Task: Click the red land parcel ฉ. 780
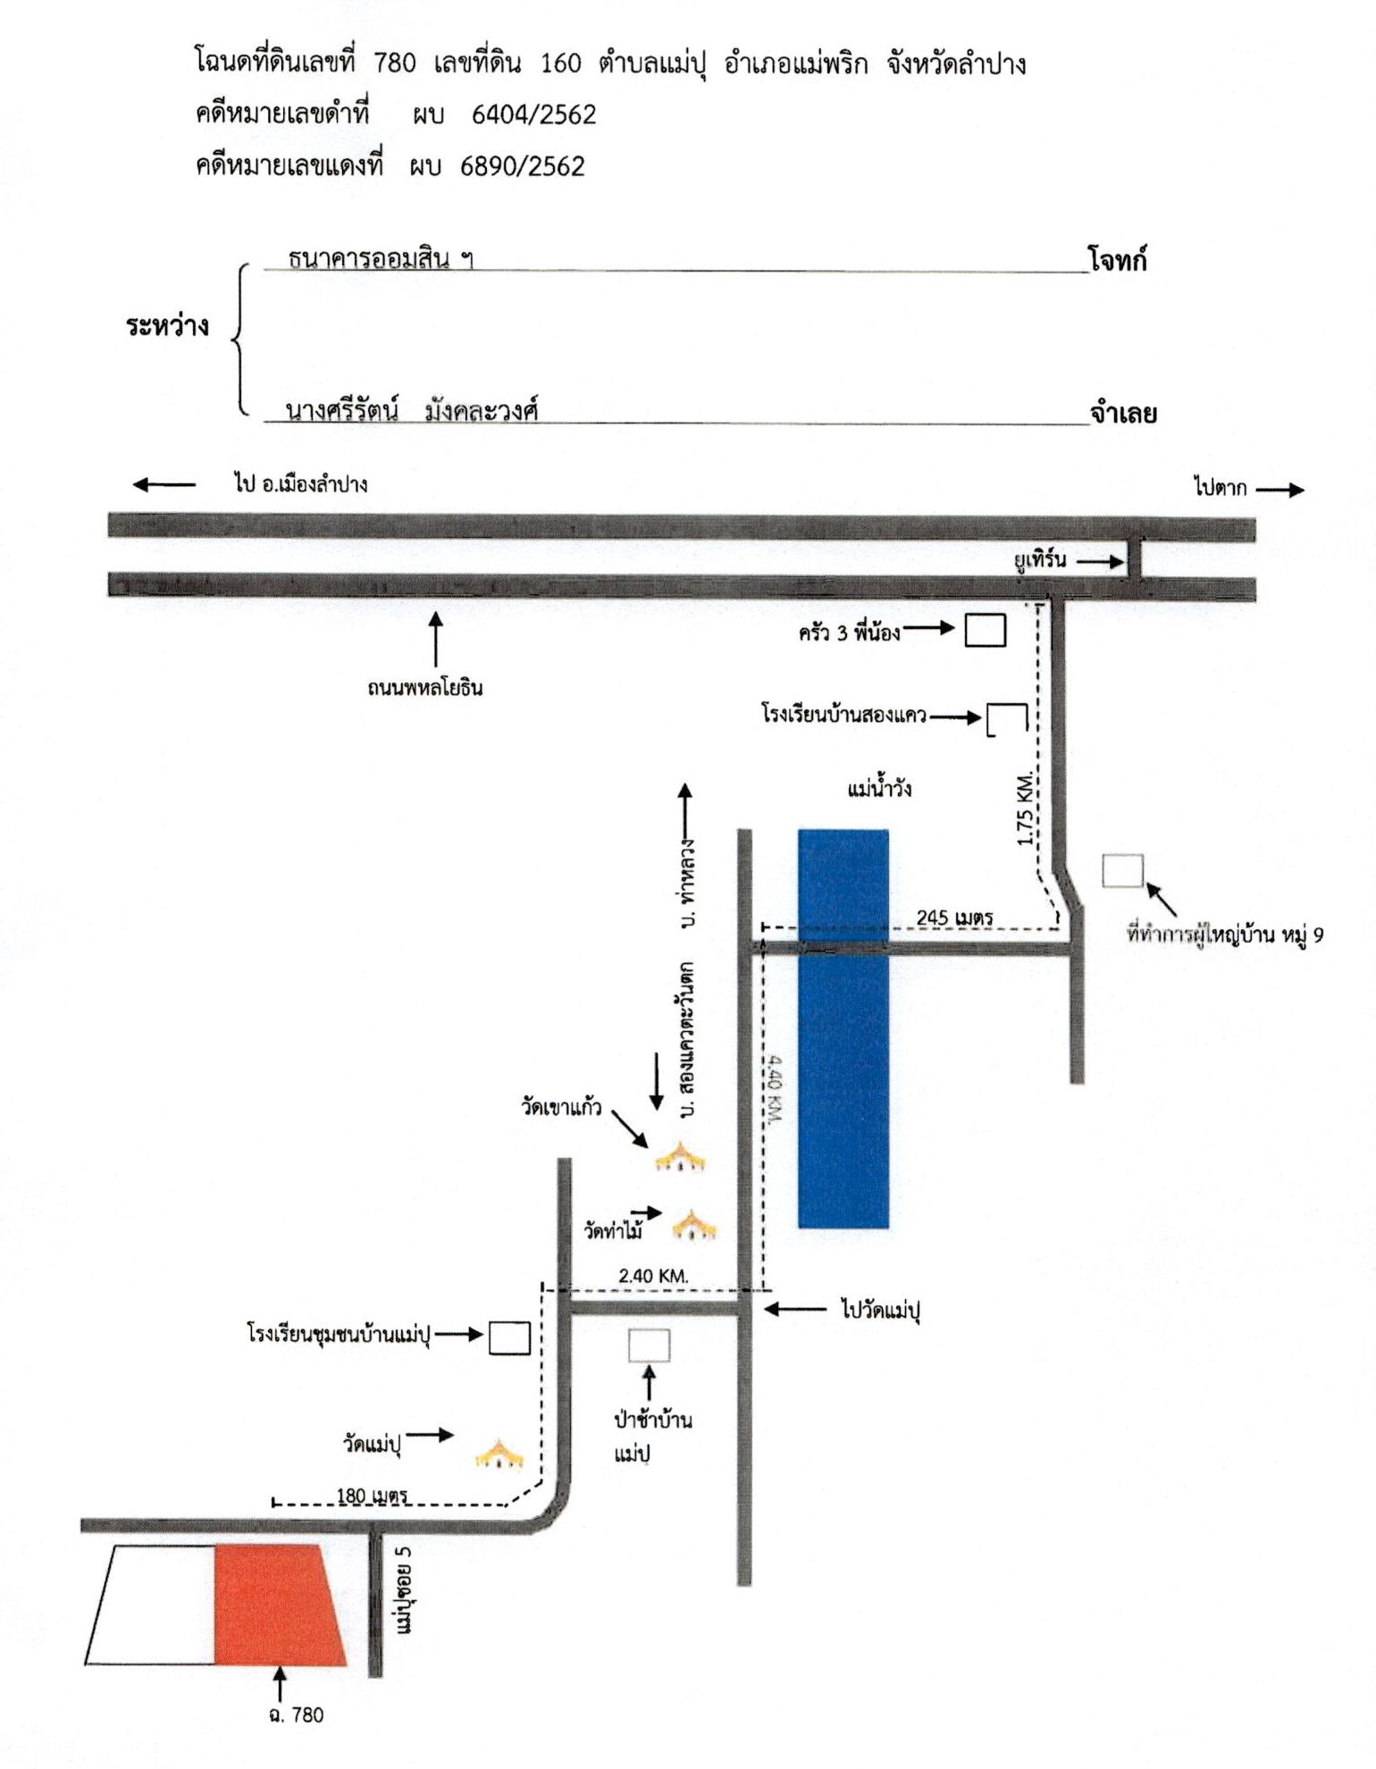277,1604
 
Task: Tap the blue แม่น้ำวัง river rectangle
843,1028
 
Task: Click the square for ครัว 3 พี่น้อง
985,630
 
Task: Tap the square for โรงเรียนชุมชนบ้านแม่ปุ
509,1337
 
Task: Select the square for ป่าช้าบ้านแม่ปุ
649,1346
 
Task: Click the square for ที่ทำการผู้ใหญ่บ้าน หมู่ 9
1123,871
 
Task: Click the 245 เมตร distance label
955,917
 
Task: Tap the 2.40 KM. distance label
653,1276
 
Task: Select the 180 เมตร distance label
372,1495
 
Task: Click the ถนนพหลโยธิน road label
425,688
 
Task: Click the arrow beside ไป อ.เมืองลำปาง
164,485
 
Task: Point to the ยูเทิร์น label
1040,560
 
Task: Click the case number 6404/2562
533,114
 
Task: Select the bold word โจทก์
1118,261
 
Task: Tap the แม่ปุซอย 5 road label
404,1598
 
